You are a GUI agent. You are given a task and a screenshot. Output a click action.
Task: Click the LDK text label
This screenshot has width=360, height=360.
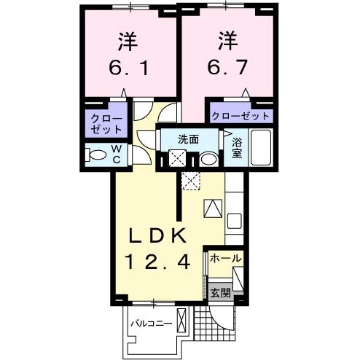click(159, 236)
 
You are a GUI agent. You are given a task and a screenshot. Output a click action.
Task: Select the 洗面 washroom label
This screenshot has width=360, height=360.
click(189, 138)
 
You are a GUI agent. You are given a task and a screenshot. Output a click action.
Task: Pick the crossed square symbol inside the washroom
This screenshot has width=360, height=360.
click(177, 158)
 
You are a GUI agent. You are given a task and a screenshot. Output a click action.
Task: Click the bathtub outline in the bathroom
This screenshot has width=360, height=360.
click(260, 149)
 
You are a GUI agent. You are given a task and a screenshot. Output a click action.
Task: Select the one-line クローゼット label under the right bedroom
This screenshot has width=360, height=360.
click(240, 116)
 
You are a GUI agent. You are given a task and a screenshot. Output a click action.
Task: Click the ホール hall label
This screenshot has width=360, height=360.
click(225, 259)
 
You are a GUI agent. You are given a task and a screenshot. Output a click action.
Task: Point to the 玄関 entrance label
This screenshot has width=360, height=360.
click(220, 293)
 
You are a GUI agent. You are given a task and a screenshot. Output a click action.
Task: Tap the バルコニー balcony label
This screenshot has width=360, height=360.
click(151, 321)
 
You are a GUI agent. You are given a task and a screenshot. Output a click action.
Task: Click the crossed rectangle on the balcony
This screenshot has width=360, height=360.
click(181, 322)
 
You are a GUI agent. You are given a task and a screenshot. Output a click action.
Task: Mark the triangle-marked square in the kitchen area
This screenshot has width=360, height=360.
click(213, 209)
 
